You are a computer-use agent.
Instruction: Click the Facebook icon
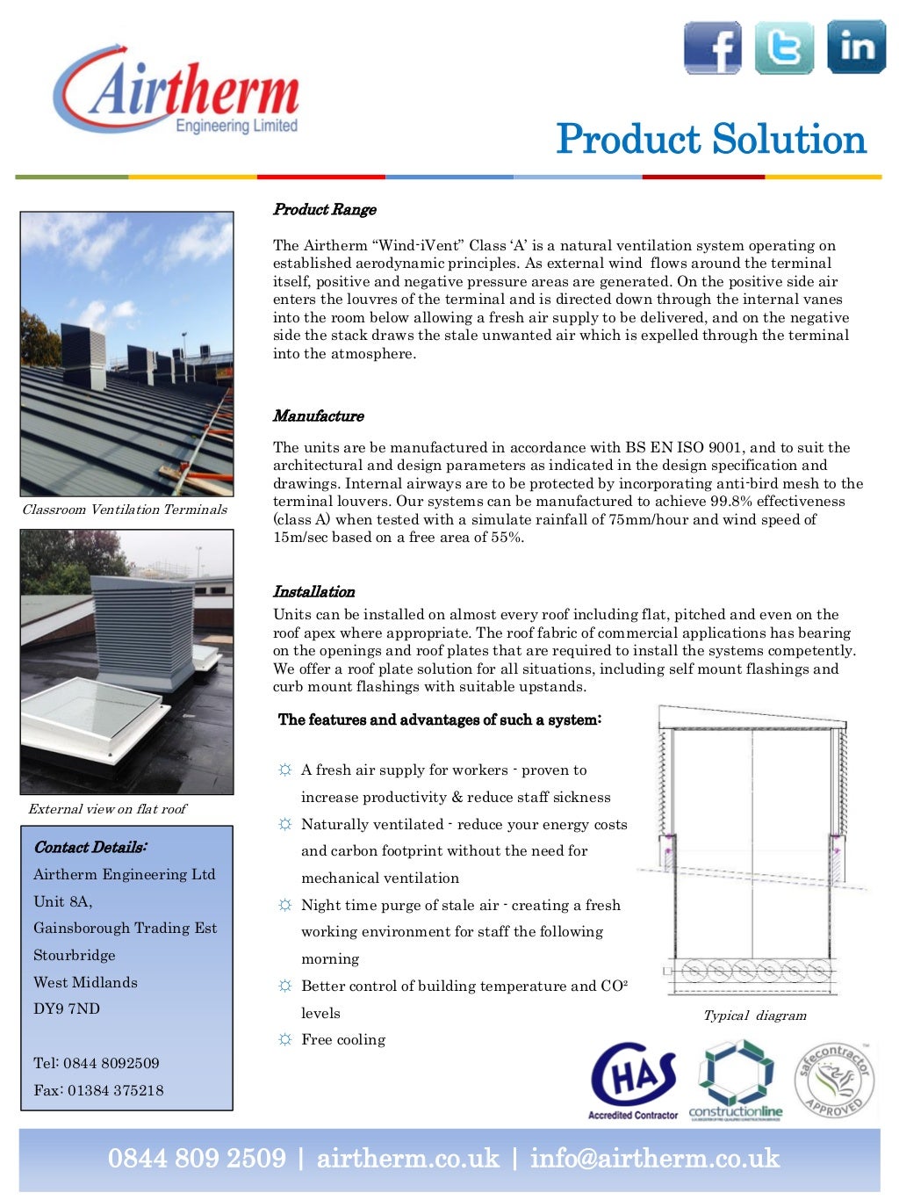(x=712, y=47)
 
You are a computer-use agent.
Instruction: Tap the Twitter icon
(x=784, y=47)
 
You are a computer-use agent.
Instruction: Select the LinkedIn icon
(x=856, y=47)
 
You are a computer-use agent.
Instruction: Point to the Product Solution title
(x=710, y=140)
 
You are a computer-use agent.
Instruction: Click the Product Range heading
(x=324, y=209)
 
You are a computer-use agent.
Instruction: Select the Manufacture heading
(x=318, y=416)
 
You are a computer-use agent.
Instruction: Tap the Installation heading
(x=313, y=591)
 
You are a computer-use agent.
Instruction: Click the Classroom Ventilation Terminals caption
(x=125, y=510)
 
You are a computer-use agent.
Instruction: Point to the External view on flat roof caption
(x=107, y=809)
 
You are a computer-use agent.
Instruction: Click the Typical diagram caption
(x=754, y=1016)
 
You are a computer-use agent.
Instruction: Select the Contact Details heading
(x=90, y=847)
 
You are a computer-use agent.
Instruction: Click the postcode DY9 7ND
(x=67, y=1008)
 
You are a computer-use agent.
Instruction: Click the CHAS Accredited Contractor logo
(x=633, y=1080)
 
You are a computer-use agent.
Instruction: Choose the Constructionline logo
(x=736, y=1080)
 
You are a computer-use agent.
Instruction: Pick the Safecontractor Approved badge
(x=834, y=1080)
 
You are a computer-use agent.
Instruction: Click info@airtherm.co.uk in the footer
(x=654, y=1158)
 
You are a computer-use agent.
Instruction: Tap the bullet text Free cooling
(x=343, y=1039)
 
